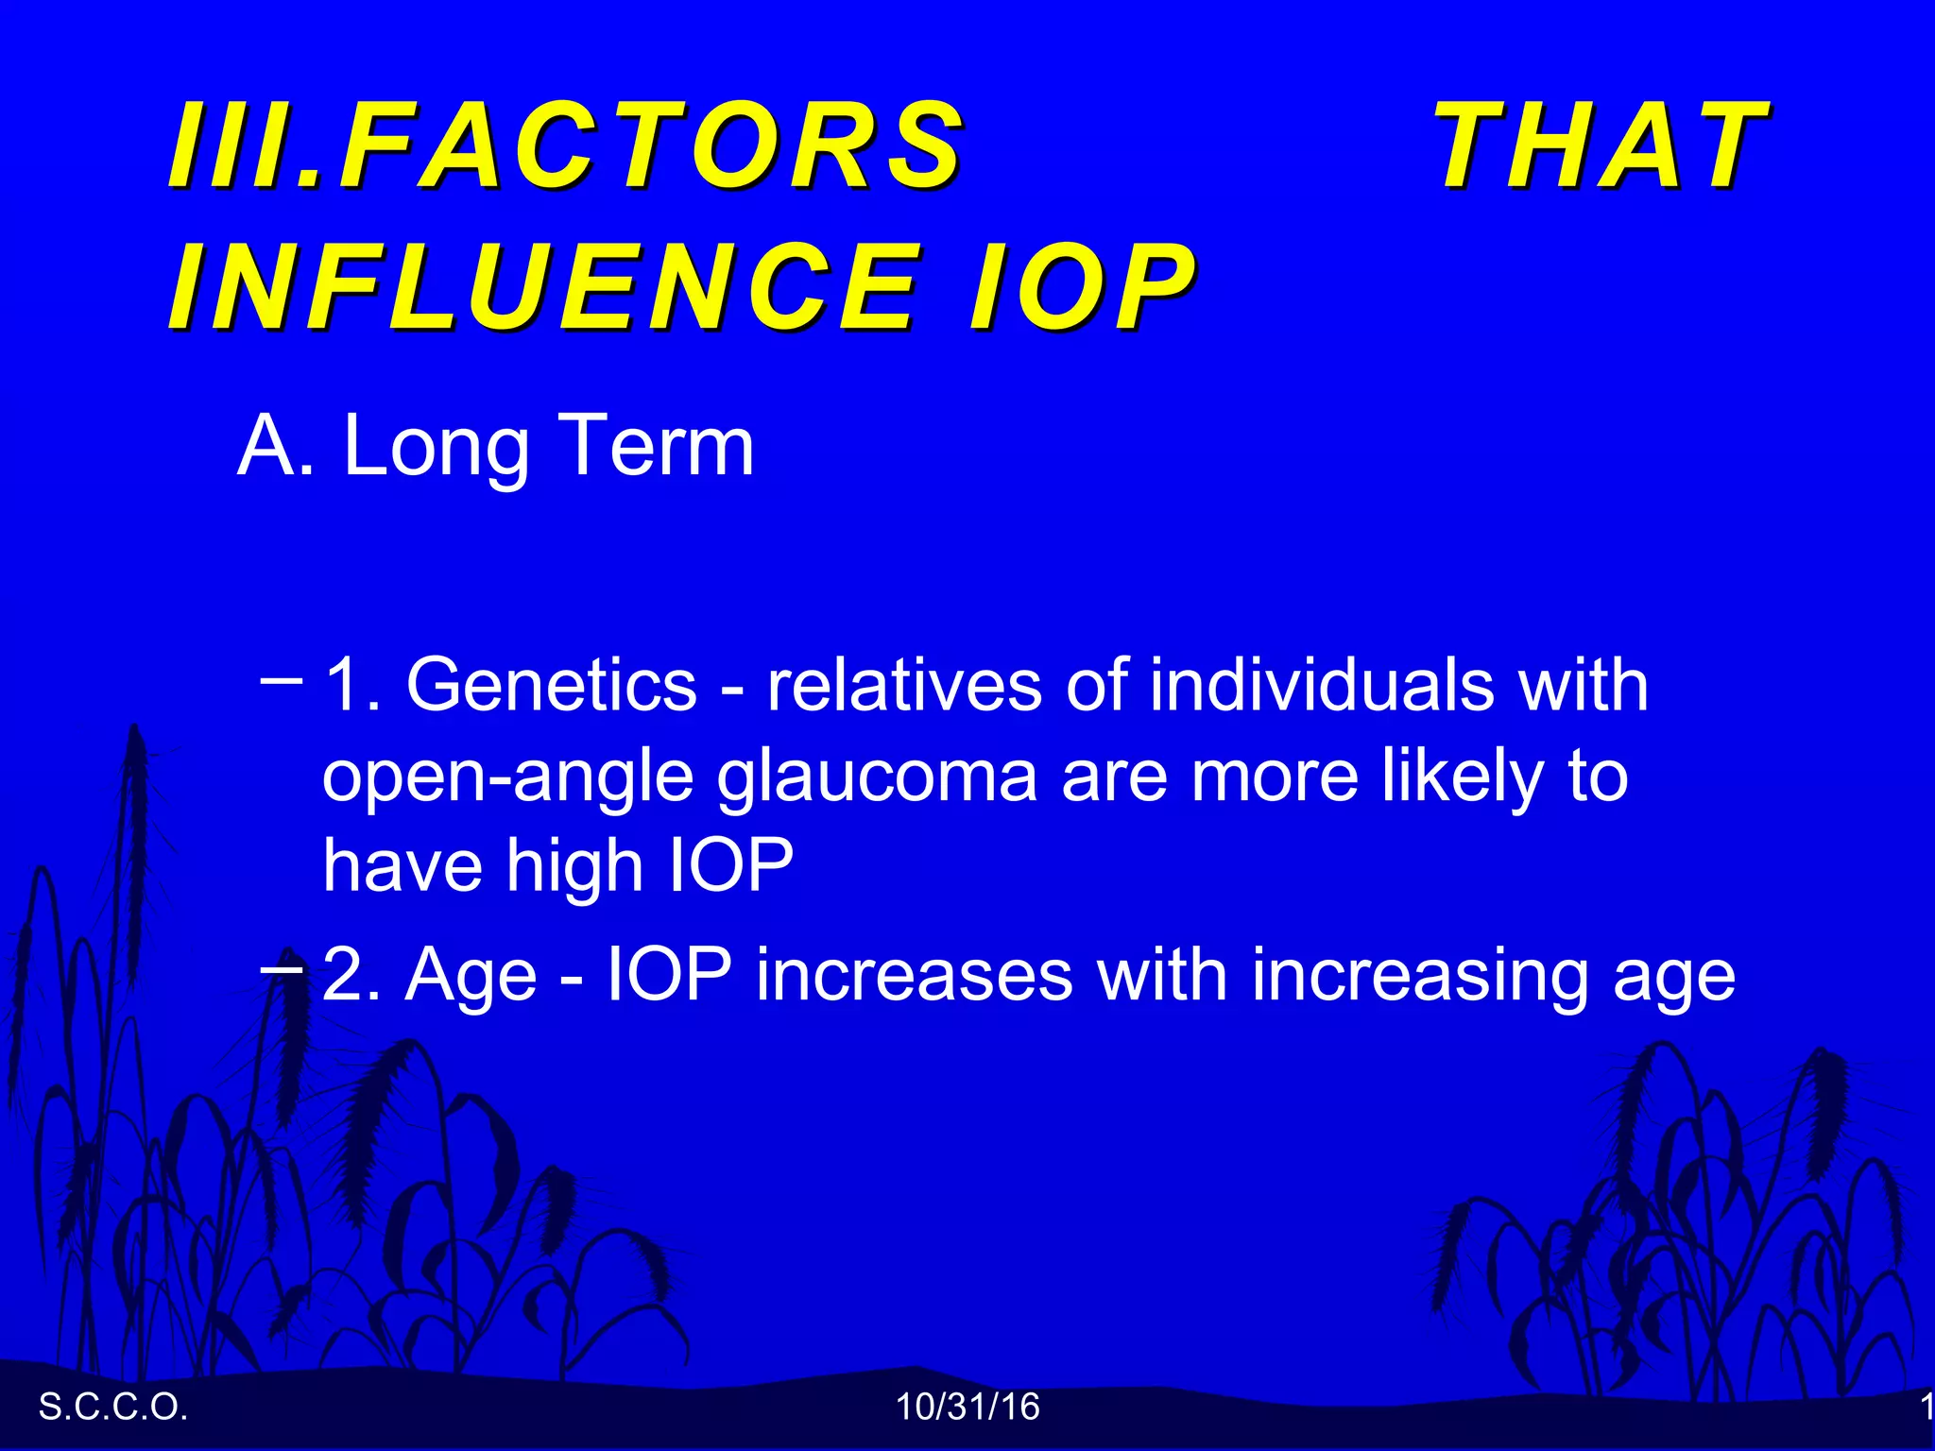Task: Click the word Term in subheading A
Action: pos(658,446)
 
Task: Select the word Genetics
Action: pos(552,684)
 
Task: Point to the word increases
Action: pos(914,975)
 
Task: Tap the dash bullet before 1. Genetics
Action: pos(281,678)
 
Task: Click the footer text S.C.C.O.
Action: pos(113,1408)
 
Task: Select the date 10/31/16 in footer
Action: pos(967,1408)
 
